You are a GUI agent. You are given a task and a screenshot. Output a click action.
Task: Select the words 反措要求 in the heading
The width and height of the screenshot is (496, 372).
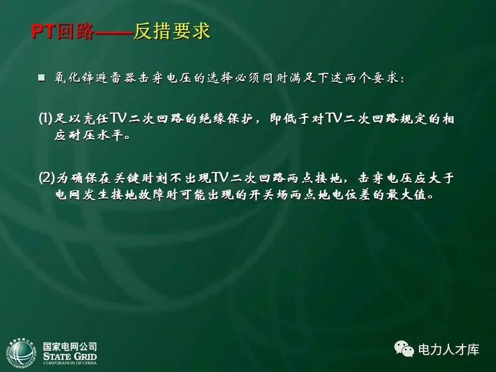(x=173, y=32)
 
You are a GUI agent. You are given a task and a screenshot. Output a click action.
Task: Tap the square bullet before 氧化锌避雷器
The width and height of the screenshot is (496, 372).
(x=42, y=78)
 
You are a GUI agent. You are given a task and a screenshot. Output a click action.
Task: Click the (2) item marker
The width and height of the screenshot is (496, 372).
(x=46, y=179)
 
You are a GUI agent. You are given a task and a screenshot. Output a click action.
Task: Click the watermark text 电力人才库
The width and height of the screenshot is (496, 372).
(x=448, y=350)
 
